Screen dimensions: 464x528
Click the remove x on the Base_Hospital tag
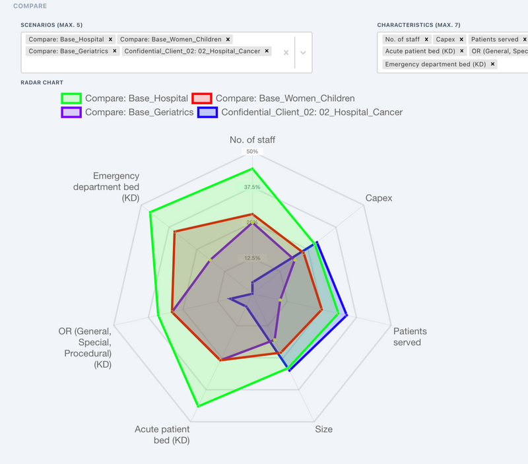(110, 40)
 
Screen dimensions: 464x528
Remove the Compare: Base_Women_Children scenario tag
(228, 40)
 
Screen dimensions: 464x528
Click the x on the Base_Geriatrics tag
(114, 51)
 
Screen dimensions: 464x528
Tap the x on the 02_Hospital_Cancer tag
(267, 51)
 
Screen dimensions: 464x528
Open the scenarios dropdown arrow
(302, 52)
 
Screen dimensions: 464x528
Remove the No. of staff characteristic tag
(426, 40)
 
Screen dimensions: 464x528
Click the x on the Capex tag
(461, 40)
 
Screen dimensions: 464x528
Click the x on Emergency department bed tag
(492, 64)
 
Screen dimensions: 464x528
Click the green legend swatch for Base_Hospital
(71, 98)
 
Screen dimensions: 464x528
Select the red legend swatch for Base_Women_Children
(201, 98)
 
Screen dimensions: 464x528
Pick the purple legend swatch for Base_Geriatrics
(71, 112)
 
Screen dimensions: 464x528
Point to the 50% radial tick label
(252, 152)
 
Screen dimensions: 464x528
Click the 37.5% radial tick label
(252, 187)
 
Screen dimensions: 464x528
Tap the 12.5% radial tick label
(252, 257)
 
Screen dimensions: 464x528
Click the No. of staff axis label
(252, 139)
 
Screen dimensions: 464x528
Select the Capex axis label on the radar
(378, 198)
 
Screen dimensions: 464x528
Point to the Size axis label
(323, 429)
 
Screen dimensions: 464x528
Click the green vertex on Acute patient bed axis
(197, 405)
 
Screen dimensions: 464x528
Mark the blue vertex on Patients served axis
(356, 317)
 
